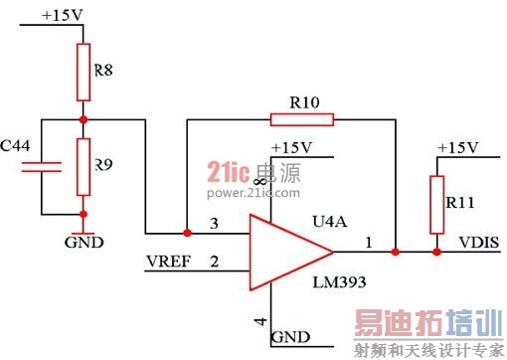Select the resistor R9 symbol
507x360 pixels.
coord(84,166)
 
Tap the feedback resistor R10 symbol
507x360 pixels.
coord(301,120)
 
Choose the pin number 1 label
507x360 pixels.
coord(369,242)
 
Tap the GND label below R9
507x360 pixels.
coord(84,242)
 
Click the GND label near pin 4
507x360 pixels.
coord(290,337)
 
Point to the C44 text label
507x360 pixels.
coord(16,145)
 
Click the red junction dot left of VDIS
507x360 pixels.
coord(434,253)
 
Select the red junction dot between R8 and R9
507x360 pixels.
coord(84,120)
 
